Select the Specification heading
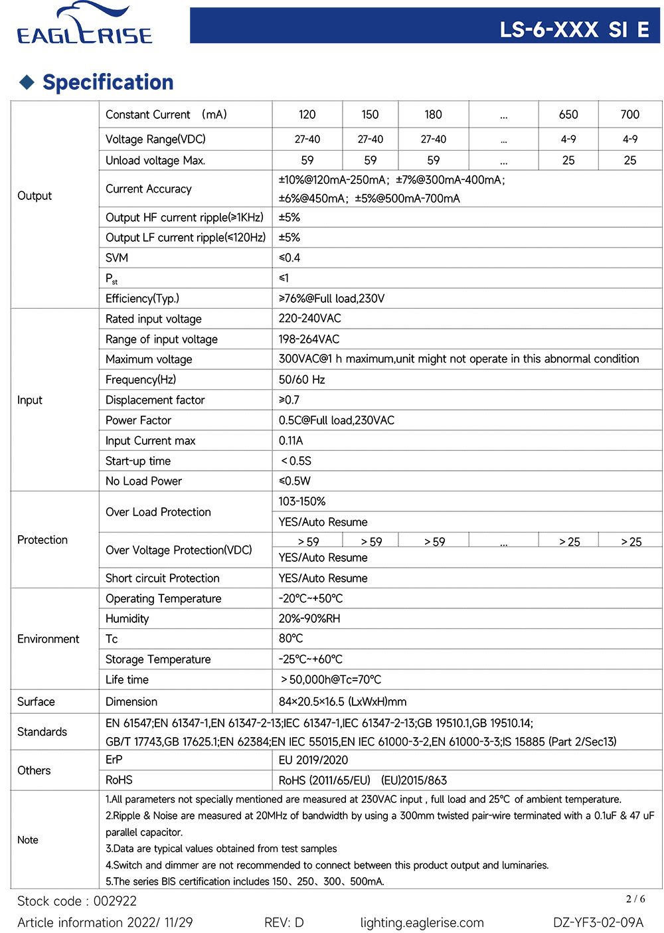(x=108, y=82)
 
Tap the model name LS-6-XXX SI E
(x=574, y=30)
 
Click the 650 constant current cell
(x=568, y=115)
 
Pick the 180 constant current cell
(x=433, y=115)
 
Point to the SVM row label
(x=117, y=258)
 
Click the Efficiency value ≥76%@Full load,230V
(x=331, y=299)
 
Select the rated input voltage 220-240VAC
(x=309, y=319)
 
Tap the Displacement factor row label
(x=155, y=400)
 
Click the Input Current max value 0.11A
(x=291, y=441)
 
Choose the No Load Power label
(x=143, y=481)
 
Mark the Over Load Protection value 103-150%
(x=302, y=501)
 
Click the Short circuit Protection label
(x=162, y=578)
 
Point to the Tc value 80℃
(x=291, y=639)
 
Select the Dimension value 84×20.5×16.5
(x=342, y=702)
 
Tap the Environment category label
(x=48, y=639)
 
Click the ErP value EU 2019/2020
(x=313, y=760)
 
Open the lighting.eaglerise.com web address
(x=422, y=922)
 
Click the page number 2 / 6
(x=635, y=899)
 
